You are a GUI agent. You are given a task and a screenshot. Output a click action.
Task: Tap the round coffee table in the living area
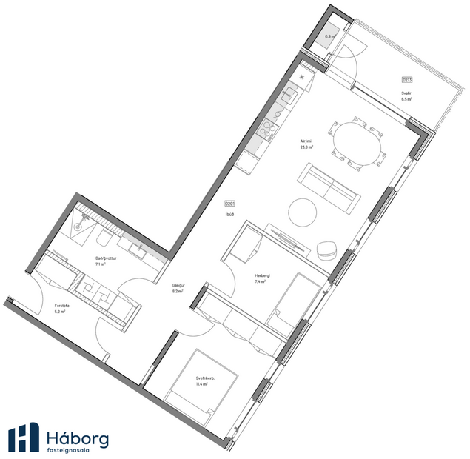point(304,213)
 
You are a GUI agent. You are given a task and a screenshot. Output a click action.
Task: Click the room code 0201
point(229,204)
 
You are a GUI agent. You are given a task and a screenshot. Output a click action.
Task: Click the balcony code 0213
point(406,79)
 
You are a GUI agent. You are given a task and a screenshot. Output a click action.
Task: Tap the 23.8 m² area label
point(306,147)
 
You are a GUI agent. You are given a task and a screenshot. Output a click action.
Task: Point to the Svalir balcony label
point(406,93)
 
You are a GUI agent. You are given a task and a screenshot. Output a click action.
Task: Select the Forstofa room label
point(61,306)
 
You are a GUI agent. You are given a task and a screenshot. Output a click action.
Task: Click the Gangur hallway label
point(178,285)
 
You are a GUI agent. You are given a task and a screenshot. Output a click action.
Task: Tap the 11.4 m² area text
point(201,384)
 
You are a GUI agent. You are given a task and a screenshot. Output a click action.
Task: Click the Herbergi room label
point(262,276)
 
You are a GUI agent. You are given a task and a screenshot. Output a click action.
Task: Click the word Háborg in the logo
point(77,437)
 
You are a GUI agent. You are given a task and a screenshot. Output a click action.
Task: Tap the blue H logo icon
point(24,437)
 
